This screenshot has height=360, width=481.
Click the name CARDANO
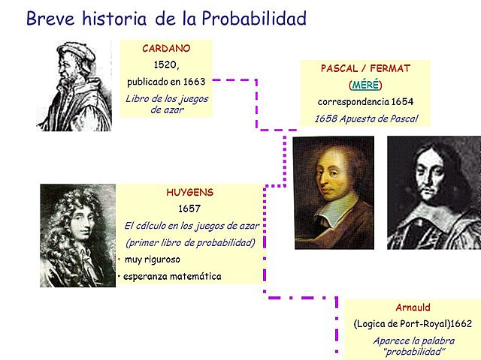tap(166, 49)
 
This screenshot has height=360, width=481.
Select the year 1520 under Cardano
tap(166, 65)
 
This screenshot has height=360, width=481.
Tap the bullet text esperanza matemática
tap(172, 276)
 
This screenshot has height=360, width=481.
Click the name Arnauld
tap(413, 307)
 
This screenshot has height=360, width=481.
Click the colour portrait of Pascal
tap(333, 191)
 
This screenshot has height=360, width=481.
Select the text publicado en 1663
tap(166, 82)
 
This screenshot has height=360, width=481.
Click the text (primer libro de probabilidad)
tap(190, 242)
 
